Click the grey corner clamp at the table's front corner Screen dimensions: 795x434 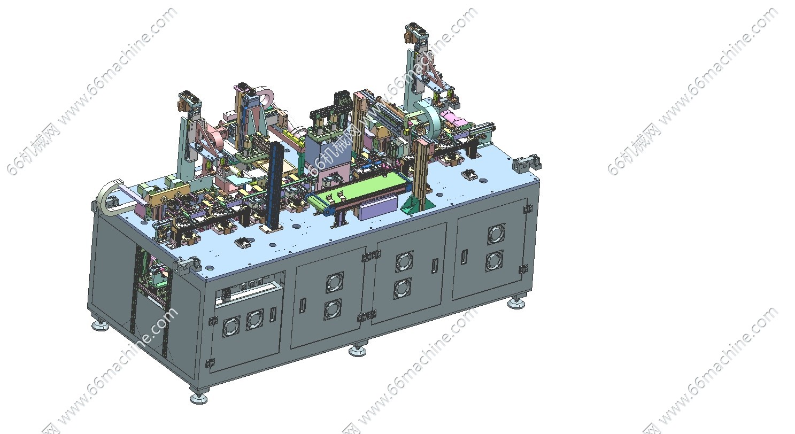[x=186, y=266]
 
